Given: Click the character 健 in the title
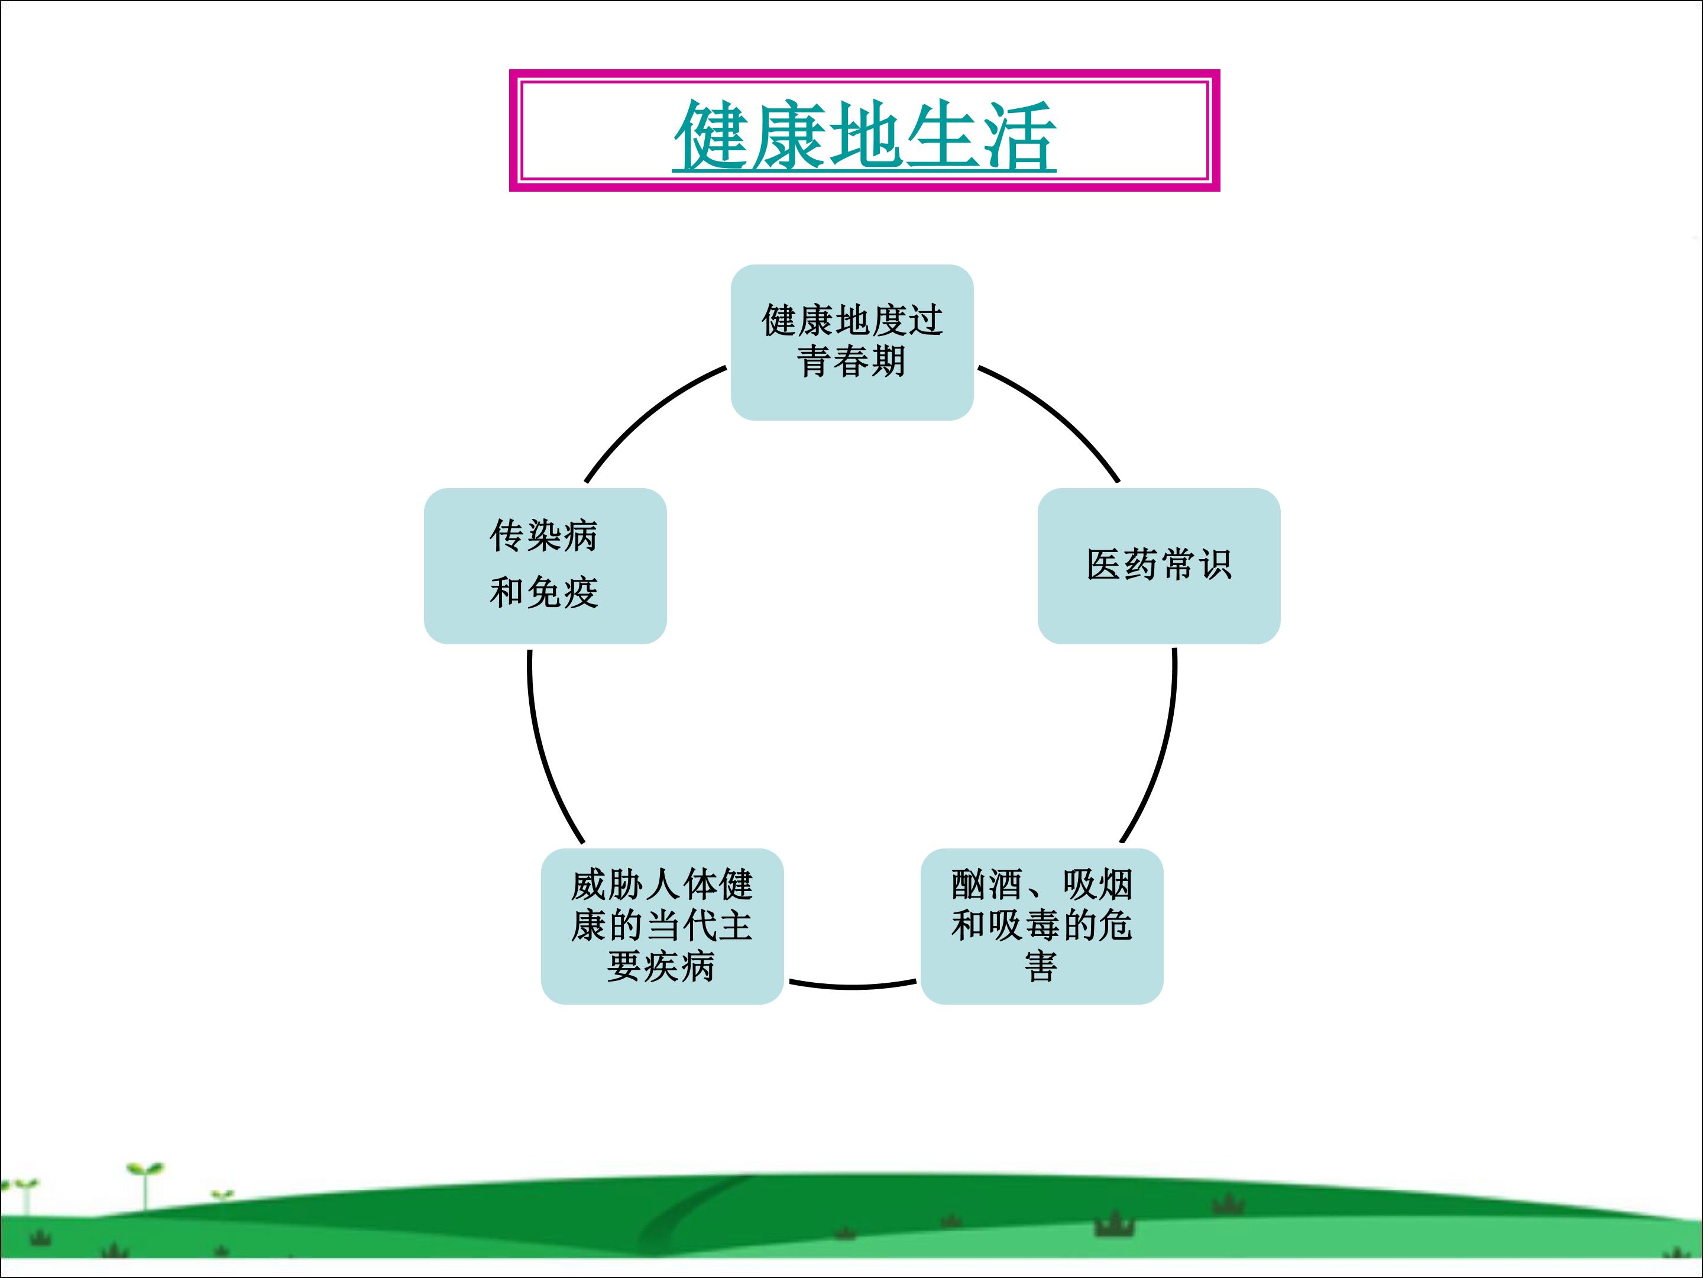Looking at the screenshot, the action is point(712,135).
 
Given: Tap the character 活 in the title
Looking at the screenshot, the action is point(1018,135).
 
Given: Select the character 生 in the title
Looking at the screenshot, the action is point(941,135).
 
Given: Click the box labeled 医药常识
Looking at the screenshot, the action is point(1158,566).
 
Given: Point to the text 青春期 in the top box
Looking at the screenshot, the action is point(851,362).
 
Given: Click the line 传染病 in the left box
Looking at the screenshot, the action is point(543,535).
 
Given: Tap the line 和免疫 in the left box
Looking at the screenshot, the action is point(543,592).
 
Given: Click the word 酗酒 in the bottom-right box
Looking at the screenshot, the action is point(986,885).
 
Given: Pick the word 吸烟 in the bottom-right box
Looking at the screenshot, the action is point(1098,885).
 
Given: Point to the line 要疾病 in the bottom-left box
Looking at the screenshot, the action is point(661,966).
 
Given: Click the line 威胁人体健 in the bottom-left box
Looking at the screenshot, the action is point(661,885).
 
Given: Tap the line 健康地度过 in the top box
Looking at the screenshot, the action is point(851,319).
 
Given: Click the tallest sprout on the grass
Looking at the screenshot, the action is point(145,1187).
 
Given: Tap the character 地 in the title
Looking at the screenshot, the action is point(865,135).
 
